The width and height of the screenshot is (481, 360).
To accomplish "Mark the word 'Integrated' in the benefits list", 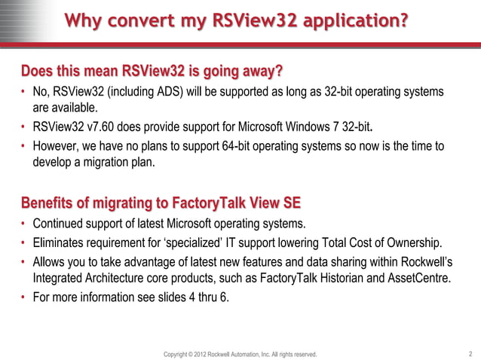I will point(60,278).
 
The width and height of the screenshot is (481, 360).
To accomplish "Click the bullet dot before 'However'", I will point(23,145).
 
